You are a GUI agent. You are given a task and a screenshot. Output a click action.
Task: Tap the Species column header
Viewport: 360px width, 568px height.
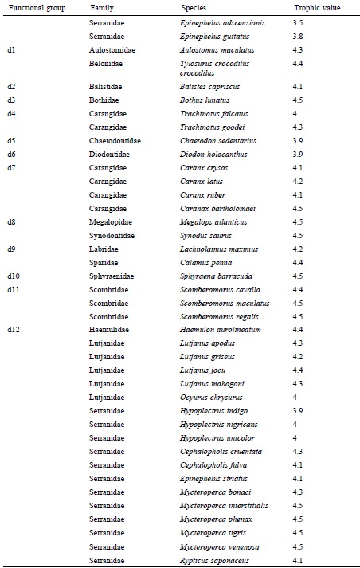click(x=194, y=8)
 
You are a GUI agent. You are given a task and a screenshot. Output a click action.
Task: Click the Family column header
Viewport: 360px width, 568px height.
click(x=101, y=8)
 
